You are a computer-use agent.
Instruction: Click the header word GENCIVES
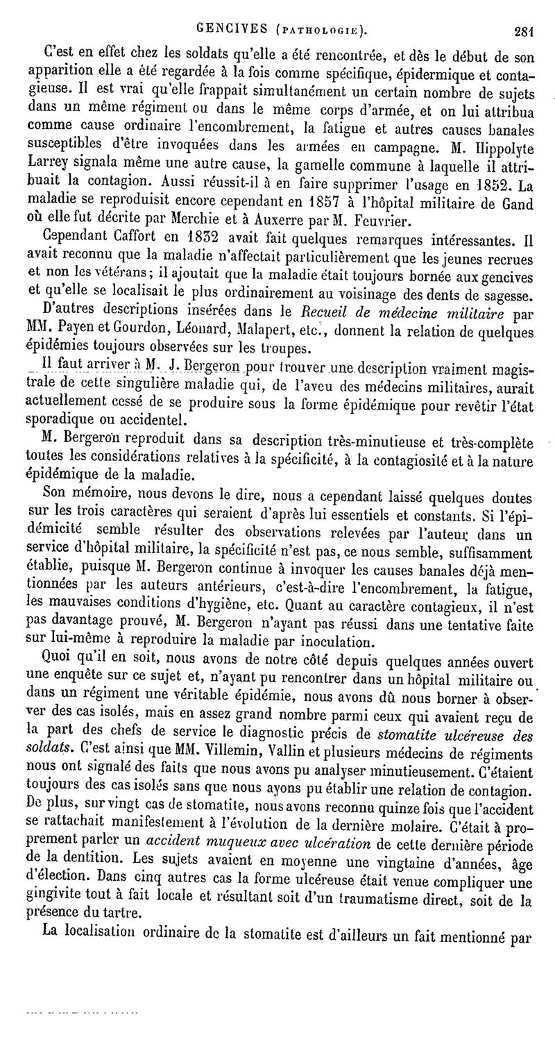tap(228, 29)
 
